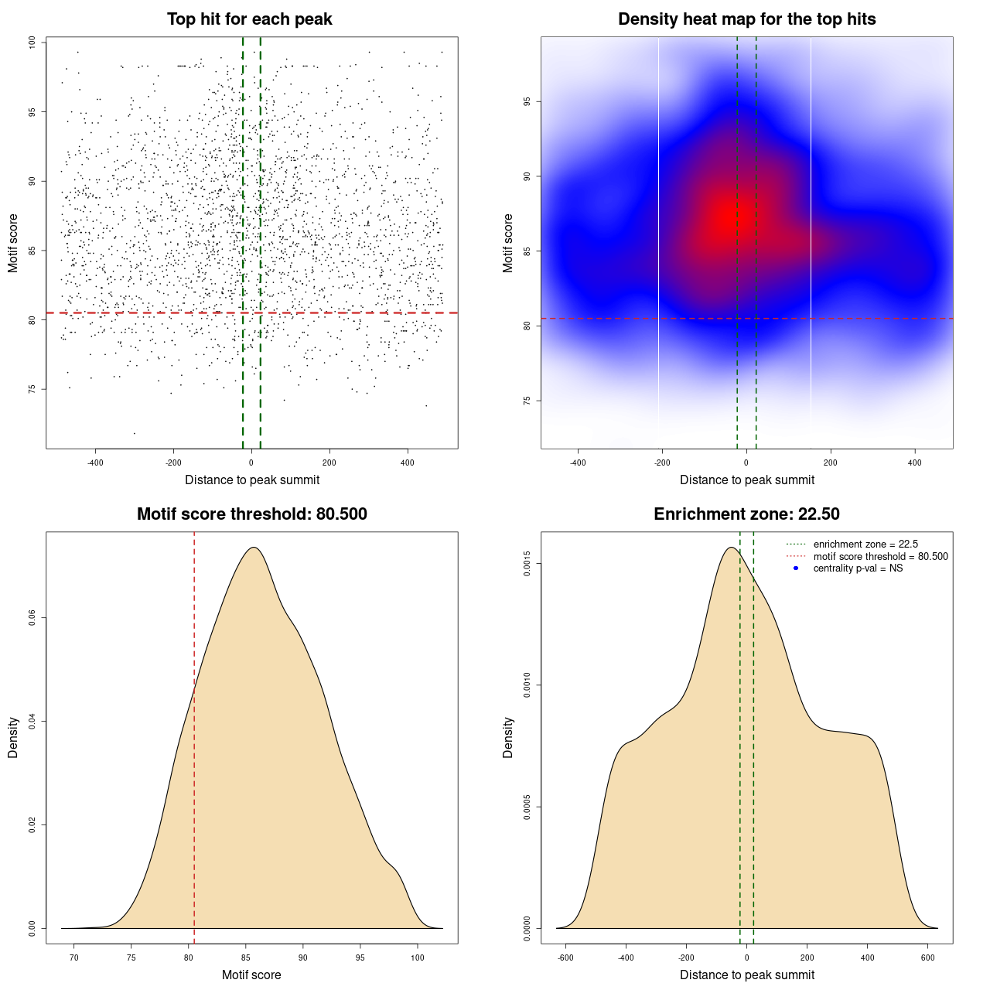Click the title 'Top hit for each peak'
point(249,19)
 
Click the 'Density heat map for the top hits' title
point(746,19)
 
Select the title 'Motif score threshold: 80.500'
point(251,514)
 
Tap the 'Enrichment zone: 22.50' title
point(746,514)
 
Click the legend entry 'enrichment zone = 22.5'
point(865,544)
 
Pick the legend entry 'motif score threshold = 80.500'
point(880,557)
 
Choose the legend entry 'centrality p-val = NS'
point(858,568)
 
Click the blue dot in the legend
point(796,568)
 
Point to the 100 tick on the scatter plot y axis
point(32,43)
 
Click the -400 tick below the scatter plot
point(96,463)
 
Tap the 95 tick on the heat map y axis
point(527,101)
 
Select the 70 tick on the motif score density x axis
point(74,958)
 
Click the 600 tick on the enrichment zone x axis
point(928,958)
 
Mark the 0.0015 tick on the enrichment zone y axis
point(527,564)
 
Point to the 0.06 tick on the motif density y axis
point(32,618)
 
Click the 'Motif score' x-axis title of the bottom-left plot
point(251,975)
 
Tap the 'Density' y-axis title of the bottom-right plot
point(508,737)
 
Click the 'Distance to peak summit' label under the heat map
point(746,480)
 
